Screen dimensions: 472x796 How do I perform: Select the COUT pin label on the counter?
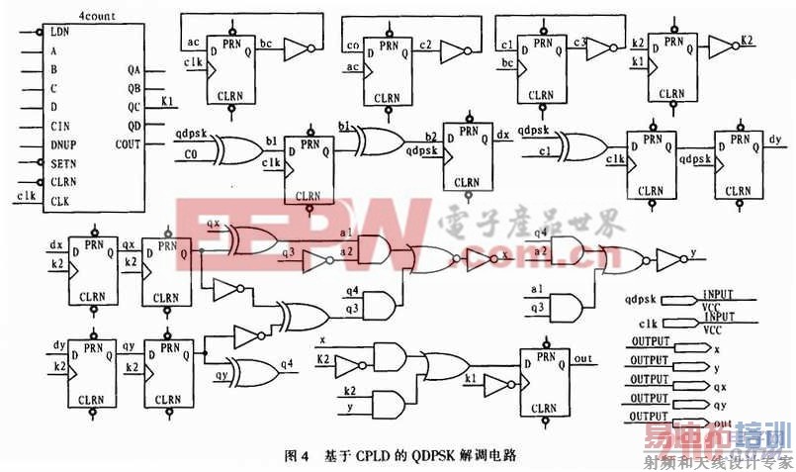click(129, 143)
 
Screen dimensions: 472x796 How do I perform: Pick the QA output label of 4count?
click(134, 69)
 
